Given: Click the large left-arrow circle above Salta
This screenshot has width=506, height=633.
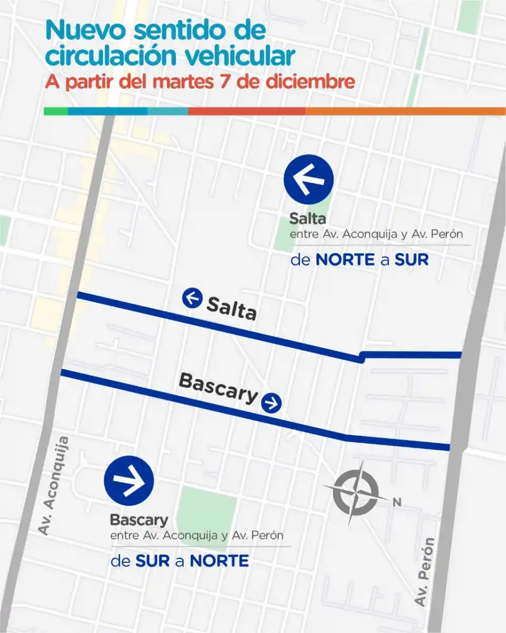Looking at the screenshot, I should coord(308,179).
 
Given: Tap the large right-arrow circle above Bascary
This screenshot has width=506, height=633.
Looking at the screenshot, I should coord(129,481).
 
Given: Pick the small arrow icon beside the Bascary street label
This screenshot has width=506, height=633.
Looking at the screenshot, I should coord(271,403).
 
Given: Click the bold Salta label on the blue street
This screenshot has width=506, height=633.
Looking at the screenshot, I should coord(231,309).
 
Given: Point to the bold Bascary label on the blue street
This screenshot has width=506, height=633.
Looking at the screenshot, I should coord(218,388).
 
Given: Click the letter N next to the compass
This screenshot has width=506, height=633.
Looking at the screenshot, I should coord(396,503).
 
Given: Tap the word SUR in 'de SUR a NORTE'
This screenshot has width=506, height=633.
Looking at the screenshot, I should coord(152,561).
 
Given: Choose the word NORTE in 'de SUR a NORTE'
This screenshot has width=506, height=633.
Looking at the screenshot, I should coord(219,561).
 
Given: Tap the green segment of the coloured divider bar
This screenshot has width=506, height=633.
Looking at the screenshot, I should coord(55,111).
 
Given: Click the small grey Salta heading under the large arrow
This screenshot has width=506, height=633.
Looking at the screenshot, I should coord(308,218).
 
